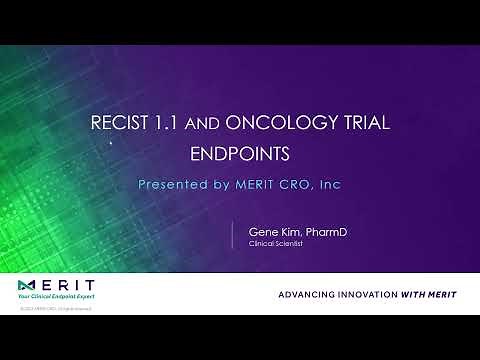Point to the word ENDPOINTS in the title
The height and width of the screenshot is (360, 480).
click(x=240, y=156)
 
